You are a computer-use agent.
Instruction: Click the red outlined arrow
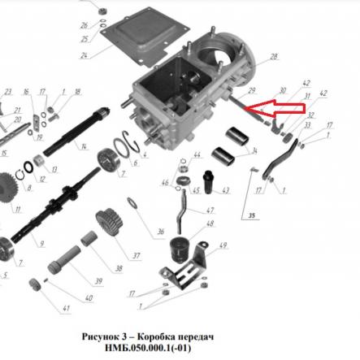pyautogui.click(x=275, y=109)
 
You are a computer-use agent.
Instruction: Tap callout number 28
pyautogui.click(x=273, y=57)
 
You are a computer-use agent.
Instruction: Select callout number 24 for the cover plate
pyautogui.click(x=84, y=56)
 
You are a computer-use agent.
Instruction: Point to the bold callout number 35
pyautogui.click(x=252, y=215)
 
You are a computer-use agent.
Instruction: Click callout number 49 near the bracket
pyautogui.click(x=223, y=245)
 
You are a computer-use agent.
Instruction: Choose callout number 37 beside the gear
pyautogui.click(x=137, y=255)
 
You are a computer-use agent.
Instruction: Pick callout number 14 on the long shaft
pyautogui.click(x=84, y=147)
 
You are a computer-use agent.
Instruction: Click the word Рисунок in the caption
pyautogui.click(x=100, y=336)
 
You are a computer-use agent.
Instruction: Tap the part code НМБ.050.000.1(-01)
pyautogui.click(x=148, y=348)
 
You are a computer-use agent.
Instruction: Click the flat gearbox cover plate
pyautogui.click(x=145, y=38)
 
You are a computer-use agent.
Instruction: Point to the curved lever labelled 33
pyautogui.click(x=280, y=159)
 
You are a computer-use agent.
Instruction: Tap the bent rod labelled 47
pyautogui.click(x=182, y=211)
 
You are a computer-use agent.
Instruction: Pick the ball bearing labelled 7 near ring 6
pyautogui.click(x=108, y=160)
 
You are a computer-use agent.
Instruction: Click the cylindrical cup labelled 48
pyautogui.click(x=179, y=250)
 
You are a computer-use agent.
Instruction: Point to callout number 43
pyautogui.click(x=226, y=190)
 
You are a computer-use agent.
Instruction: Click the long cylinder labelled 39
pyautogui.click(x=64, y=259)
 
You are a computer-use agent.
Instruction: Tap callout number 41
pyautogui.click(x=66, y=308)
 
